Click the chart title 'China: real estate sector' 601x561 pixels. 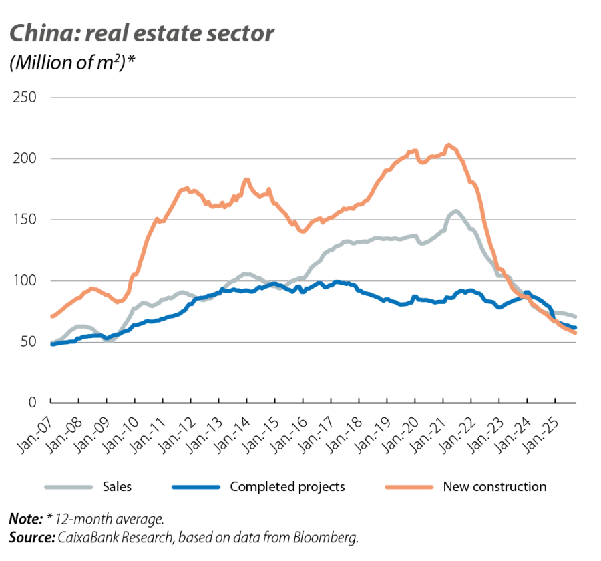141,34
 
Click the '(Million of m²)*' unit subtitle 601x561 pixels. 73,65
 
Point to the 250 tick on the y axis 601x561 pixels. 25,98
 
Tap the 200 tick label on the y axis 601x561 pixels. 25,159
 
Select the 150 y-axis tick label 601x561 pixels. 25,220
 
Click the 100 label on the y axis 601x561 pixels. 25,281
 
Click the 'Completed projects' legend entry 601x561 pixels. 287,486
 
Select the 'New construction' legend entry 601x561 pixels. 494,486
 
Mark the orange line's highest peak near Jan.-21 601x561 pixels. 448,144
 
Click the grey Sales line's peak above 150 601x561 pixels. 455,212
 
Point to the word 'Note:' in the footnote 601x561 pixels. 23,519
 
